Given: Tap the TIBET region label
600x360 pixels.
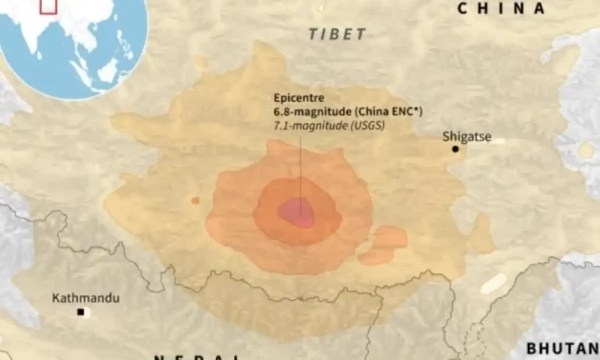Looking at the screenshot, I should (337, 34).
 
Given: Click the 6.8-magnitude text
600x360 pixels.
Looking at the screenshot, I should (310, 112).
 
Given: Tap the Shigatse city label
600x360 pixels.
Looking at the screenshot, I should (466, 136).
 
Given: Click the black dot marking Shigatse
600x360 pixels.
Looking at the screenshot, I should (455, 149).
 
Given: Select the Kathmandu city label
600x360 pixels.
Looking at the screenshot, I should (85, 298).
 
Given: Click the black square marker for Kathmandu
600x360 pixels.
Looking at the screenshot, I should (80, 311).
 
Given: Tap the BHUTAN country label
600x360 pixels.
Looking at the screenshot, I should (562, 349).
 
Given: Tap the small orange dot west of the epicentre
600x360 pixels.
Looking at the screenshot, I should (195, 200).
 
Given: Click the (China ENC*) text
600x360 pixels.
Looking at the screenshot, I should (387, 112).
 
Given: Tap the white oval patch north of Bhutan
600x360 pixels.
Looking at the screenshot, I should (493, 283).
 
